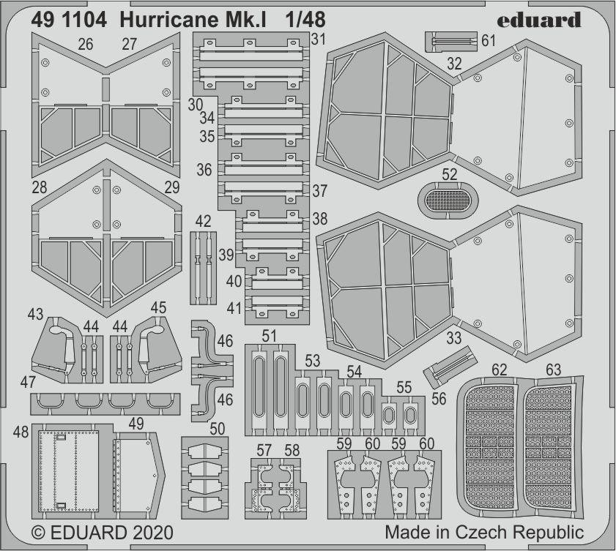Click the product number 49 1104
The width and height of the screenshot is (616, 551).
point(70,20)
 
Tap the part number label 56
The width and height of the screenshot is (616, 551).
point(439,398)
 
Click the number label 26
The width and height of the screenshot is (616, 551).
point(85,45)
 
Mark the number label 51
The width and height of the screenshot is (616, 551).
point(270,337)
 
